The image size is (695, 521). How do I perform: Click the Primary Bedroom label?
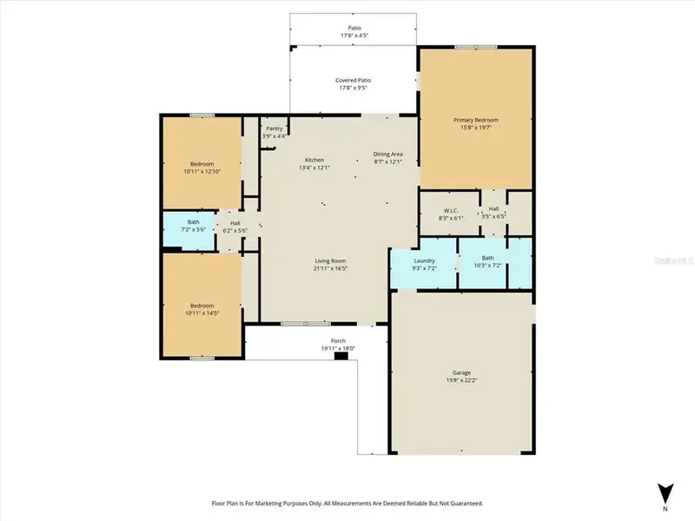click(476, 120)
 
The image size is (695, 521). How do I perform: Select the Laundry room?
click(424, 263)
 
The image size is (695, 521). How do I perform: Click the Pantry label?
click(275, 129)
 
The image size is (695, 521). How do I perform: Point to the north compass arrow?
click(665, 490)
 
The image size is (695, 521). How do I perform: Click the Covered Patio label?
click(354, 80)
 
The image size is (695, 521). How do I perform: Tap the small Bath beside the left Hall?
click(193, 226)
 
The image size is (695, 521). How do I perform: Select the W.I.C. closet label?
click(450, 210)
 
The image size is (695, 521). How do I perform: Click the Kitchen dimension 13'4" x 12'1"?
click(314, 168)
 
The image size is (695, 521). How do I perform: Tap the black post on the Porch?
click(341, 356)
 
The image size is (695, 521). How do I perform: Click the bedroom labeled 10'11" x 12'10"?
click(201, 168)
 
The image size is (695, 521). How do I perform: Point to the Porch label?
click(338, 340)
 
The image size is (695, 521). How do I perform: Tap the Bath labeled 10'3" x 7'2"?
click(487, 260)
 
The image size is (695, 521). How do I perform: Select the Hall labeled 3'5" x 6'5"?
click(493, 213)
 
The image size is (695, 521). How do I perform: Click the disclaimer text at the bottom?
click(347, 503)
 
